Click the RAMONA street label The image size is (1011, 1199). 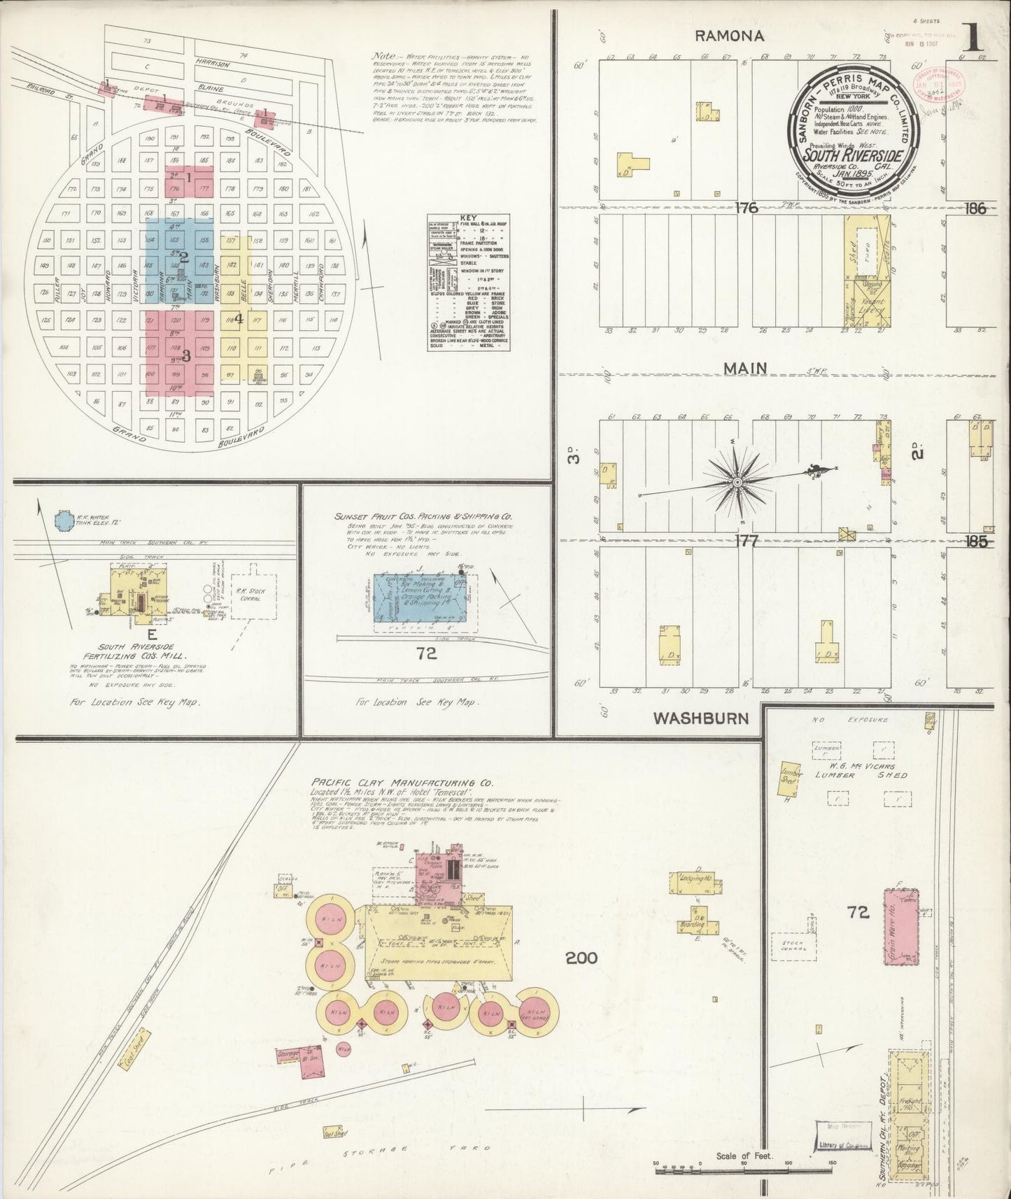tap(729, 36)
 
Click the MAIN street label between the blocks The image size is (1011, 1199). tap(744, 369)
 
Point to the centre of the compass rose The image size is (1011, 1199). tap(737, 482)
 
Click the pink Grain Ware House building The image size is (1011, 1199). tap(900, 925)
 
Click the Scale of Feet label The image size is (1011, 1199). tap(744, 1156)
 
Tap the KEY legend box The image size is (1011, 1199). tap(467, 285)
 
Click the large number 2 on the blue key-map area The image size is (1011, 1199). tap(185, 257)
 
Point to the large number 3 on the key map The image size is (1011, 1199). tap(186, 355)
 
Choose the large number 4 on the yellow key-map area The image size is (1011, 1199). tap(239, 319)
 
